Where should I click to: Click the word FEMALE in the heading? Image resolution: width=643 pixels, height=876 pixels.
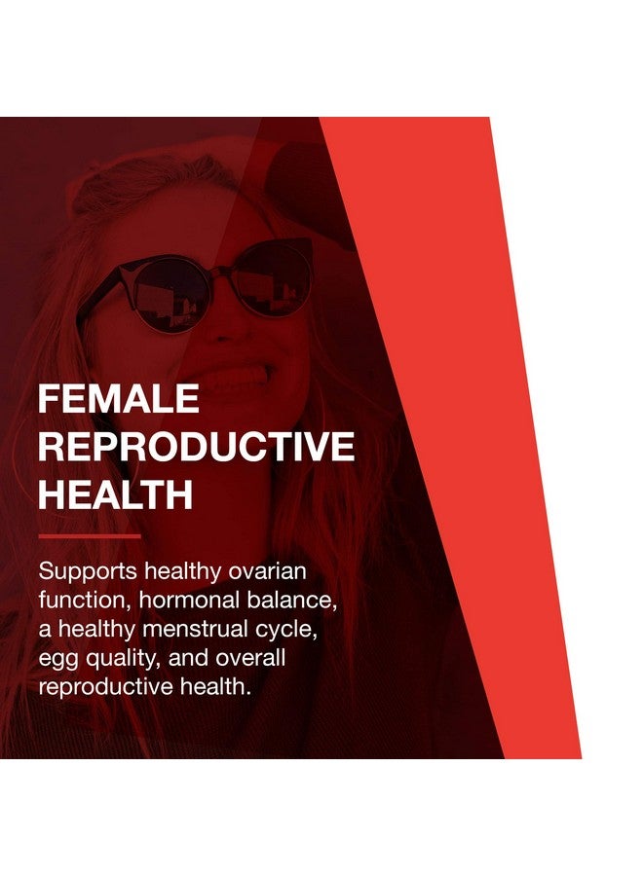click(x=119, y=398)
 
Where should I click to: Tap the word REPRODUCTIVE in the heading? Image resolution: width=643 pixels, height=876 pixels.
click(x=196, y=447)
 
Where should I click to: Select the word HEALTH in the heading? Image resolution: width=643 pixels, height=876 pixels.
click(x=115, y=495)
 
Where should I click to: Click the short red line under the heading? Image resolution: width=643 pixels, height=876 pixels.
click(x=90, y=536)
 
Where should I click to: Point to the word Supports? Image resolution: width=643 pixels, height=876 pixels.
click(x=88, y=572)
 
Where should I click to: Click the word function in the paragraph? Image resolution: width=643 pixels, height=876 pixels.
click(x=84, y=601)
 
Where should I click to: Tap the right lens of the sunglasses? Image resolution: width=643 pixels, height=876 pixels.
click(x=272, y=278)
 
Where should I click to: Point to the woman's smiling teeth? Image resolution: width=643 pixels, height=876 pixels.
click(x=240, y=376)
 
